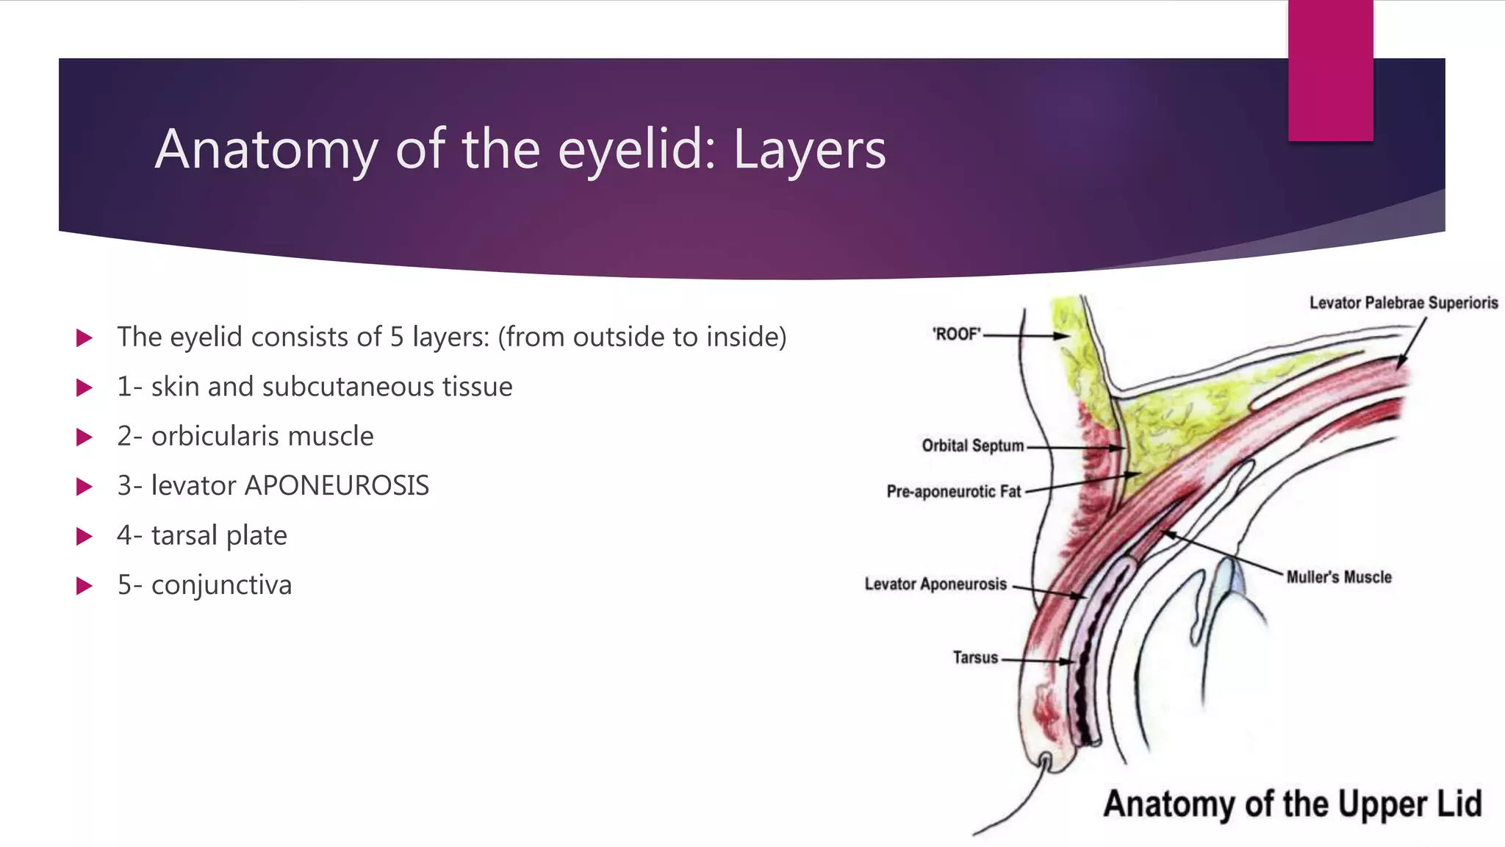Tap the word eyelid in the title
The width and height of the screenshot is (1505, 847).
(636, 149)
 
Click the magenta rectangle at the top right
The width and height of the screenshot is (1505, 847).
(1330, 71)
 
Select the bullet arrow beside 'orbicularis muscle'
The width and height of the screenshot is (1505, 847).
(85, 437)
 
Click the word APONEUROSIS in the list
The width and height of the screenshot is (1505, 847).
(337, 486)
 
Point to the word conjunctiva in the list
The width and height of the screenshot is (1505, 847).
(221, 585)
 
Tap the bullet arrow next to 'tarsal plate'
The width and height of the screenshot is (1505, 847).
(85, 536)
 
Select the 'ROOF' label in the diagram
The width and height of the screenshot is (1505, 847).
(956, 335)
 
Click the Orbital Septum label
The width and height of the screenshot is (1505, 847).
(972, 446)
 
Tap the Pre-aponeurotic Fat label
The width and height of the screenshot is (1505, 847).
(953, 491)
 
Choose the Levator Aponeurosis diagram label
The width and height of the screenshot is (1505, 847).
(935, 584)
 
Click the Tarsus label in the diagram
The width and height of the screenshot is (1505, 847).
(975, 657)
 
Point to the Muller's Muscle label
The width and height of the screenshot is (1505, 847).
(1338, 577)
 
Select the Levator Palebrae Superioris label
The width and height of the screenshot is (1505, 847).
(1403, 303)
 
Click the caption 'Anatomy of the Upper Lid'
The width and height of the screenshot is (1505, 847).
(1292, 804)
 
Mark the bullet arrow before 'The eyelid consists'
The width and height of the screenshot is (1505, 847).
(85, 338)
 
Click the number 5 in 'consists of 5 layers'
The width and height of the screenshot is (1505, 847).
(397, 337)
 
